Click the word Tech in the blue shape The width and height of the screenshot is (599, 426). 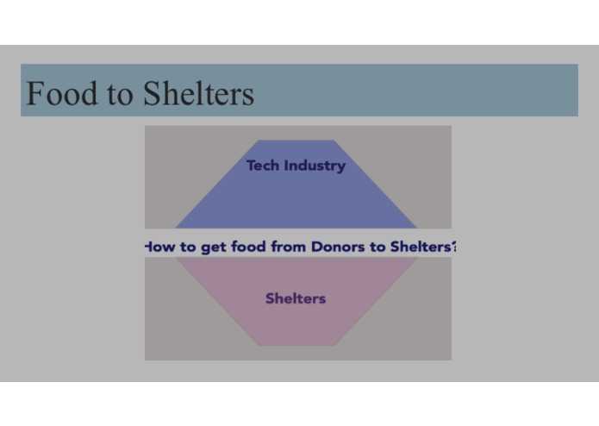263,165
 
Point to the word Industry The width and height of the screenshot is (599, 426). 315,166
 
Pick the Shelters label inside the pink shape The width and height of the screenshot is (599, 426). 296,298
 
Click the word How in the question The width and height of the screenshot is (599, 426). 159,247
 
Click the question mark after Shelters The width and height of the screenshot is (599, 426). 453,247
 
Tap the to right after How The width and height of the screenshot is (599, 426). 187,247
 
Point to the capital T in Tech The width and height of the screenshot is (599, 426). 251,165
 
